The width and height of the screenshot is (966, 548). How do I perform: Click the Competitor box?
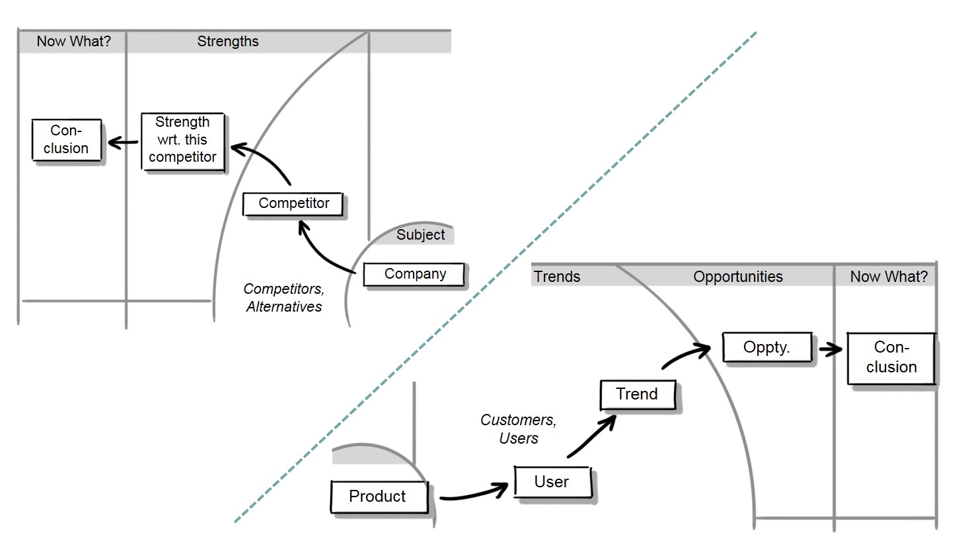point(293,203)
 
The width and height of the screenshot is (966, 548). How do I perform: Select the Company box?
point(414,274)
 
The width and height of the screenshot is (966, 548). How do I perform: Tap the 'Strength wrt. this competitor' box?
point(182,140)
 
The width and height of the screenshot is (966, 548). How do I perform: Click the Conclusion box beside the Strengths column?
point(66,139)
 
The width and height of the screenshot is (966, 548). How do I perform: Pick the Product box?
point(378,497)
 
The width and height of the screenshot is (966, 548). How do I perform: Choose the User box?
point(552,482)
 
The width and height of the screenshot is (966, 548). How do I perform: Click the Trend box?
point(637,394)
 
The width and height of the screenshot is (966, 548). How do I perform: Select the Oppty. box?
point(766,347)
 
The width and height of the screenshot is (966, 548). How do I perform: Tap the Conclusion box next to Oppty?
point(891,357)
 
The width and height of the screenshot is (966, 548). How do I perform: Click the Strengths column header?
point(228,42)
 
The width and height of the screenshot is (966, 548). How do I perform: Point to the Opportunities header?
point(737,277)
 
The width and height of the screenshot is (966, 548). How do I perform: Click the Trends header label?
point(557,277)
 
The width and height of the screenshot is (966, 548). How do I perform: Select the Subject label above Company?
point(420,235)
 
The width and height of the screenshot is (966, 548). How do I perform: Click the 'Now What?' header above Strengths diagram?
point(73,42)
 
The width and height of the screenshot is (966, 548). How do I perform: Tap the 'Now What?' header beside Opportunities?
point(889,277)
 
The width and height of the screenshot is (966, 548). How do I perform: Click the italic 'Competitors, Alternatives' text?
point(283,298)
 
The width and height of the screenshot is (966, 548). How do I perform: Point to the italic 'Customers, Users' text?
point(518,429)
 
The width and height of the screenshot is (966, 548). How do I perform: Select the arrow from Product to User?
point(472,493)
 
